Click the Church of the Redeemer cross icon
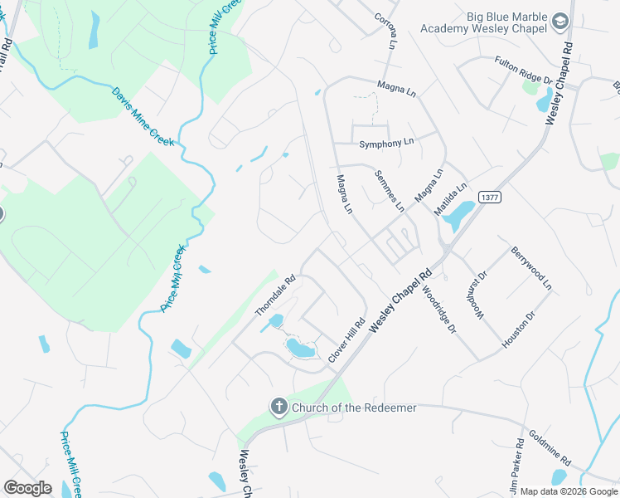coord(279,407)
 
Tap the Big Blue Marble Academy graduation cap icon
coord(560,21)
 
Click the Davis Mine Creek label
coord(143,115)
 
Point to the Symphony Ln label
coord(386,144)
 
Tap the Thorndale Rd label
coord(275,296)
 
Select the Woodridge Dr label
coord(438,310)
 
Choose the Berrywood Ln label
coord(530,268)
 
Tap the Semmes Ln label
coord(389,190)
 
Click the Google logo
coord(27,488)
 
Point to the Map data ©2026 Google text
coord(569,491)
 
